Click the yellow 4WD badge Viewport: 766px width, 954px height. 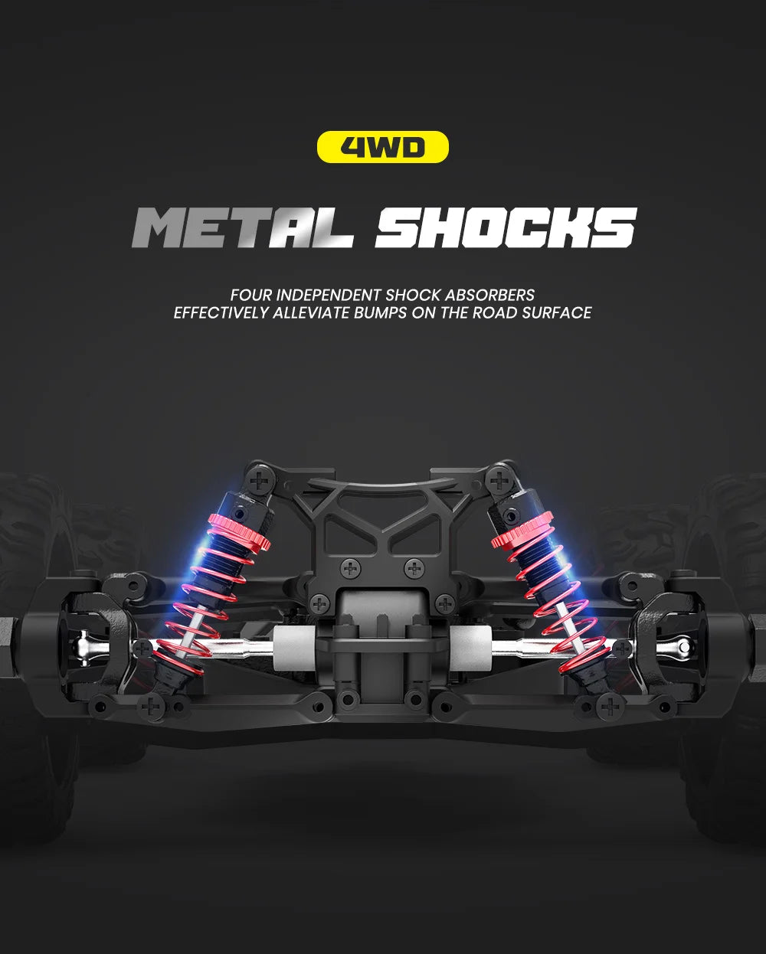(x=382, y=146)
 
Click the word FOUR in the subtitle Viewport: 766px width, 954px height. (x=251, y=295)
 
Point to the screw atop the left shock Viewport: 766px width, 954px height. (x=262, y=481)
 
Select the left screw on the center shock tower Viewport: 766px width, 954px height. (x=351, y=568)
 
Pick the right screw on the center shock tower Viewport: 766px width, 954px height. (x=414, y=568)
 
